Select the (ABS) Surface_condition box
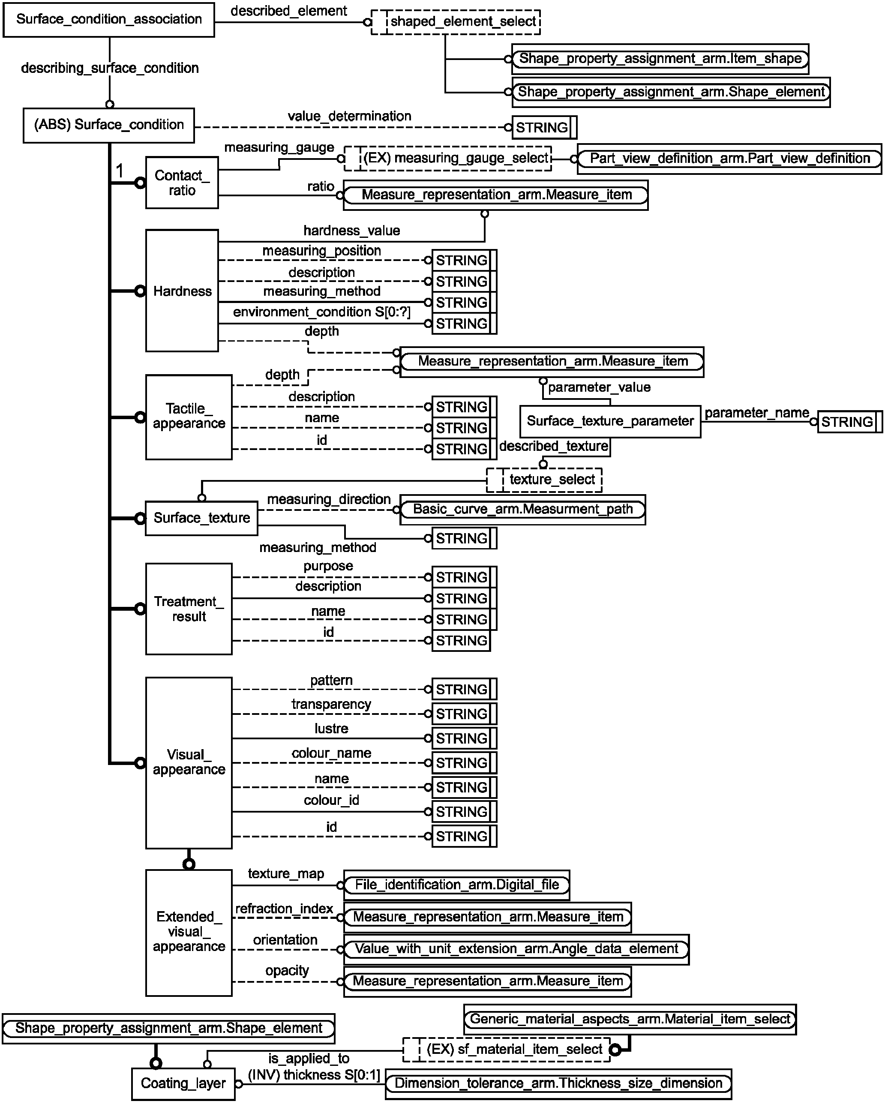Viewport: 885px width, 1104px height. pyautogui.click(x=108, y=125)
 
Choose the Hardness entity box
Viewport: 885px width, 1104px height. pyautogui.click(x=182, y=291)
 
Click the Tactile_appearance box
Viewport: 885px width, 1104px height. pyautogui.click(x=189, y=417)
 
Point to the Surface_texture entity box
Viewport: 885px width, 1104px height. pyautogui.click(x=201, y=518)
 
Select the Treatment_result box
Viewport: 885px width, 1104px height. pyautogui.click(x=189, y=609)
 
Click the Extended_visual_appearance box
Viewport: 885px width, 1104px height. pyautogui.click(x=189, y=933)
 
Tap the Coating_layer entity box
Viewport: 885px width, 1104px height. pyautogui.click(x=183, y=1083)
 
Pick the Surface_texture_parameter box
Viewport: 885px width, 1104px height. pyautogui.click(x=610, y=421)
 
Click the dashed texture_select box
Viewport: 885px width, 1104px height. pyautogui.click(x=544, y=480)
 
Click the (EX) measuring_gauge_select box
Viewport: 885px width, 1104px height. pyautogui.click(x=448, y=158)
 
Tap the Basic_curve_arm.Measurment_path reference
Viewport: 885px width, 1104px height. pyautogui.click(x=522, y=510)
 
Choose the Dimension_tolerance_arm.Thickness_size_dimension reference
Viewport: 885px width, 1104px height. pyautogui.click(x=558, y=1083)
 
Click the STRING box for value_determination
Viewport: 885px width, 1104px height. pyautogui.click(x=544, y=128)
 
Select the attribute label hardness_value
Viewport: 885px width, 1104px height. pyautogui.click(x=351, y=231)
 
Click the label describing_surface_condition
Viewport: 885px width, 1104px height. pyautogui.click(x=110, y=68)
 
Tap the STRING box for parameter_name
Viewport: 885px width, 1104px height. pyautogui.click(x=850, y=422)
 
